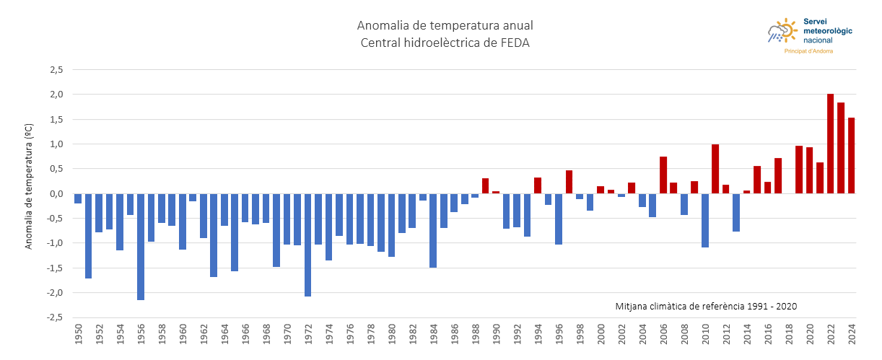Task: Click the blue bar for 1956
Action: coord(141,246)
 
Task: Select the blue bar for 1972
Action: coord(308,245)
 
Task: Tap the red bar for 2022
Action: coord(831,144)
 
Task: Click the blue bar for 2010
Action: coord(705,220)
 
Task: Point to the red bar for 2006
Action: coord(663,175)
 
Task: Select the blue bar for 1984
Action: coord(433,230)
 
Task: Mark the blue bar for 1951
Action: coord(89,235)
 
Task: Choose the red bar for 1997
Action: coord(569,182)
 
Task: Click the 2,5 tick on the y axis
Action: coord(57,70)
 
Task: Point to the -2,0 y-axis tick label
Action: coord(56,292)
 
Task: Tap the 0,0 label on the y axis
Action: coord(57,193)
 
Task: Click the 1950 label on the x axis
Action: coord(78,335)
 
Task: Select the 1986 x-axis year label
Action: coord(454,335)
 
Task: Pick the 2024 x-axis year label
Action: coord(852,335)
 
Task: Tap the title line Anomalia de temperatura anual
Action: coord(445,26)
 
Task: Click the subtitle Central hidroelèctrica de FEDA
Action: coord(445,43)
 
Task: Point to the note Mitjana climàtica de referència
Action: coord(706,306)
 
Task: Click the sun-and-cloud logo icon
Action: coord(782,31)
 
